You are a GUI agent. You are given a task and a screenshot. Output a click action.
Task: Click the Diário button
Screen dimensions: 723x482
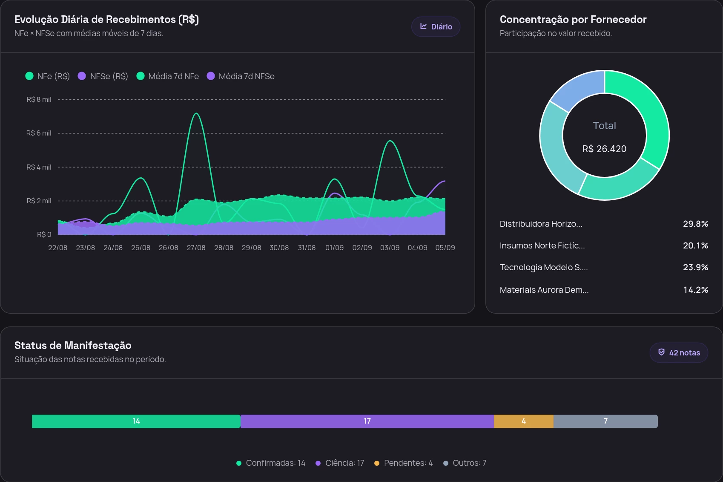click(x=436, y=26)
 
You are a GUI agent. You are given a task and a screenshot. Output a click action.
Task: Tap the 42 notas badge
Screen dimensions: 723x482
click(x=679, y=352)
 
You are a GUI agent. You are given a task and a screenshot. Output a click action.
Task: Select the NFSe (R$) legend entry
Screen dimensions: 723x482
click(x=103, y=76)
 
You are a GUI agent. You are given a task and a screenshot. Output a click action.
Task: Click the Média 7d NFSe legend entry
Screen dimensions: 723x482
click(x=241, y=76)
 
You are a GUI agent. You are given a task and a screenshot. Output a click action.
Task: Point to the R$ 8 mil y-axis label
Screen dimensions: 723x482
click(x=39, y=99)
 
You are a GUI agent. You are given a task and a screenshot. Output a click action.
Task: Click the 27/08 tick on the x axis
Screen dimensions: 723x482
click(x=196, y=248)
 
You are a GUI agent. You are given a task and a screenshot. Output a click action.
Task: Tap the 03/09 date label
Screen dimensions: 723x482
click(x=390, y=248)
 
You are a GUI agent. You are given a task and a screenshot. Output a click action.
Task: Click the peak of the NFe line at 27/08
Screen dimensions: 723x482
click(x=196, y=113)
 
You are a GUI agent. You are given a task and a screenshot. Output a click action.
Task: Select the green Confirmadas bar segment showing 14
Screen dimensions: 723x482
click(x=136, y=421)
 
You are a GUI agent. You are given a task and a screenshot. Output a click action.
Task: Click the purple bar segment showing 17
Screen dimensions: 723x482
click(x=367, y=421)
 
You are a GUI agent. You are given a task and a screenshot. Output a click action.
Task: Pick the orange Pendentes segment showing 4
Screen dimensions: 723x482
click(x=524, y=421)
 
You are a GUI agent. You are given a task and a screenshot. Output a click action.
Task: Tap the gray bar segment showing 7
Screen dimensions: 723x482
click(x=605, y=421)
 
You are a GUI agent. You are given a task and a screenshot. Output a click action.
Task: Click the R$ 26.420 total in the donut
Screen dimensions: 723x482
click(x=604, y=149)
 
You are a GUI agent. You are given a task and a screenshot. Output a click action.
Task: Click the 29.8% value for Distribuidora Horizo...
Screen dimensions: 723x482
click(x=696, y=224)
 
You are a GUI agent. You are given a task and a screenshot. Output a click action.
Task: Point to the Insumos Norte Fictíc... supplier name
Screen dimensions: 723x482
click(x=542, y=245)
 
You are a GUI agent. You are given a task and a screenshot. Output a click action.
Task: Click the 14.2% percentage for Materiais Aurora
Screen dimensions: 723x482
click(x=696, y=290)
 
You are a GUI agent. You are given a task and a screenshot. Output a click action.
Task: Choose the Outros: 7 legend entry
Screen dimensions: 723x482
click(x=465, y=463)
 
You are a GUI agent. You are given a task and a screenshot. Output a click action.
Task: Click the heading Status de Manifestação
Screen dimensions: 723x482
click(x=73, y=345)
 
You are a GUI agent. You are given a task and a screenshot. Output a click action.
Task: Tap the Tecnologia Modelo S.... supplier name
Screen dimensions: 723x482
click(x=544, y=267)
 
